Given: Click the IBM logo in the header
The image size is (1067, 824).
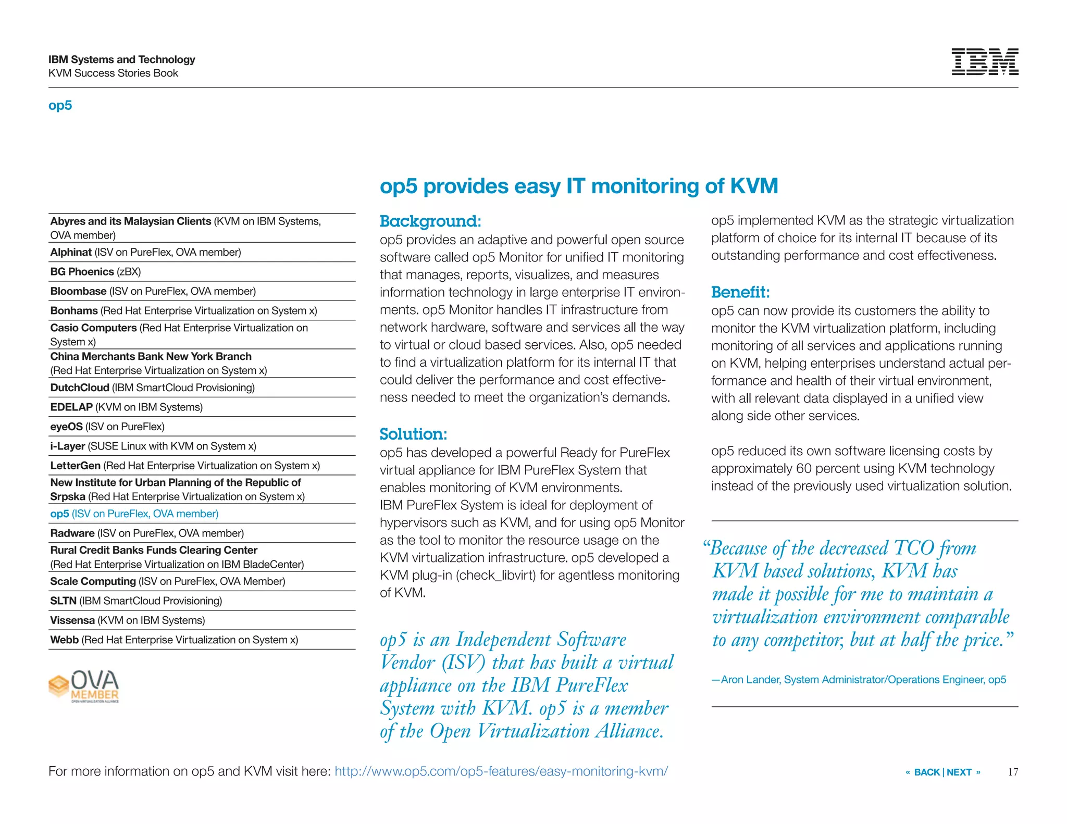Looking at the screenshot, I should coord(984,62).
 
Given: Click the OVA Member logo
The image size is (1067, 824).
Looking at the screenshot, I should coord(84,686).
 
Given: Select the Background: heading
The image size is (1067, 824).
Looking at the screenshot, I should coord(430,221).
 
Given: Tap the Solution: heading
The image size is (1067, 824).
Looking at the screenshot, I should coord(413,434).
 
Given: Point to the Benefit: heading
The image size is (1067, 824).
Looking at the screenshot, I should coord(740,292).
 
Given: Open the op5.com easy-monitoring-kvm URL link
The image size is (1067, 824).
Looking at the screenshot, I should coord(501,771).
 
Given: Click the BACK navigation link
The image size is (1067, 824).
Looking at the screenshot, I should coord(926,772).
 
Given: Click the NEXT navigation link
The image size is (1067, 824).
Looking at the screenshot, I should coord(959,772).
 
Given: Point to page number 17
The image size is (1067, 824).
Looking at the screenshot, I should coord(1012,772).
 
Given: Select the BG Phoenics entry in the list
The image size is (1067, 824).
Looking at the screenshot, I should coord(95,272).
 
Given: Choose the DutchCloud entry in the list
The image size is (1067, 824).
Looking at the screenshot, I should coord(152,388).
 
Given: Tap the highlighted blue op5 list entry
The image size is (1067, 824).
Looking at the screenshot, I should coord(134,514).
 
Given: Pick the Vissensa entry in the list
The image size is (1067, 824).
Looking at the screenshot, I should coord(127,620).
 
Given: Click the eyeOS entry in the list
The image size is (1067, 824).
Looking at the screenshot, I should coord(107,427).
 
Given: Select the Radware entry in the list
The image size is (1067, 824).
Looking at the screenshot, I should coord(146,533).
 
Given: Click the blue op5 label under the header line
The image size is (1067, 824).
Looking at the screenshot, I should coord(60,105).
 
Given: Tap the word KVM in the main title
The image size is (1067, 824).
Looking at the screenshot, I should coord(754,186).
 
